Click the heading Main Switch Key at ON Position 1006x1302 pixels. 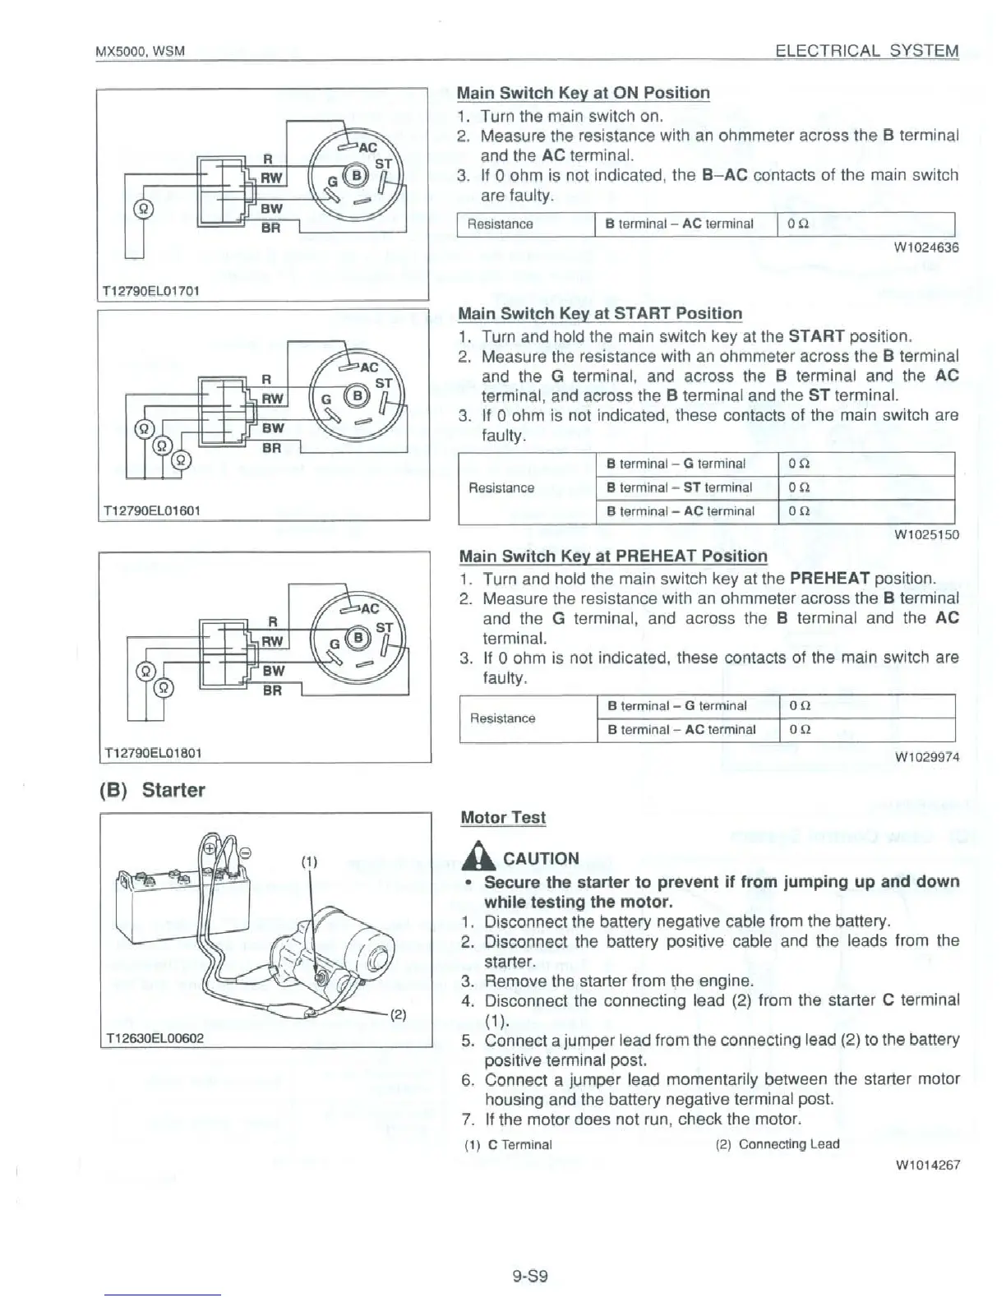583,93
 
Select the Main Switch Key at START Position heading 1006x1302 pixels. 599,313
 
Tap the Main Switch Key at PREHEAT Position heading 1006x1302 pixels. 612,556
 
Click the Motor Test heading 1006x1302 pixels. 502,817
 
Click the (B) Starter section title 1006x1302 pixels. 151,790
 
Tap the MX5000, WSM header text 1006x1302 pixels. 140,52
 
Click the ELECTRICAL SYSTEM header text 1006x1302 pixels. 867,51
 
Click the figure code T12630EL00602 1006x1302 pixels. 153,1038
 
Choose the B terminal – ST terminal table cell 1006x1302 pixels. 679,487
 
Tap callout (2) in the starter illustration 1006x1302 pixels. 397,1013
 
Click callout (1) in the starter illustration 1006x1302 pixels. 308,862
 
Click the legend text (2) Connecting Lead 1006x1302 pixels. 778,1143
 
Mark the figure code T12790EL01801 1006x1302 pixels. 153,752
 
